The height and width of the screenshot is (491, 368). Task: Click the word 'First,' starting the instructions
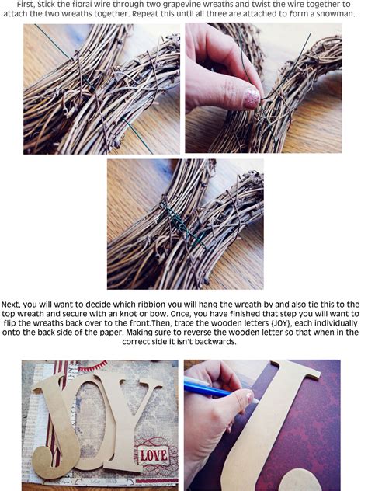point(29,4)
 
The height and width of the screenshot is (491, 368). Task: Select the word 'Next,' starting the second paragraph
point(14,304)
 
